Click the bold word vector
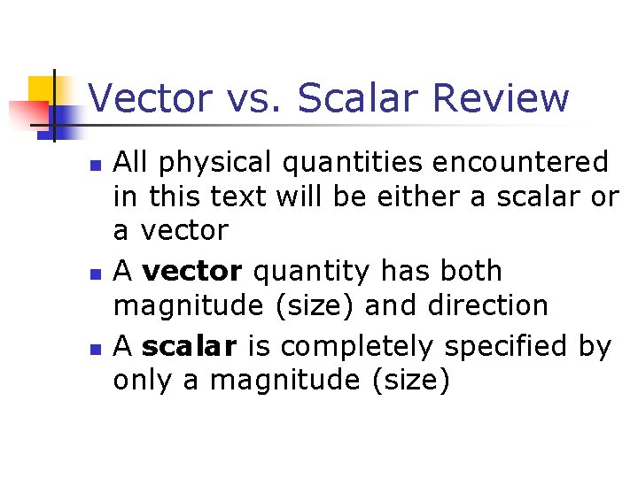(191, 271)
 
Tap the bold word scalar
(189, 346)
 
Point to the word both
(470, 271)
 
